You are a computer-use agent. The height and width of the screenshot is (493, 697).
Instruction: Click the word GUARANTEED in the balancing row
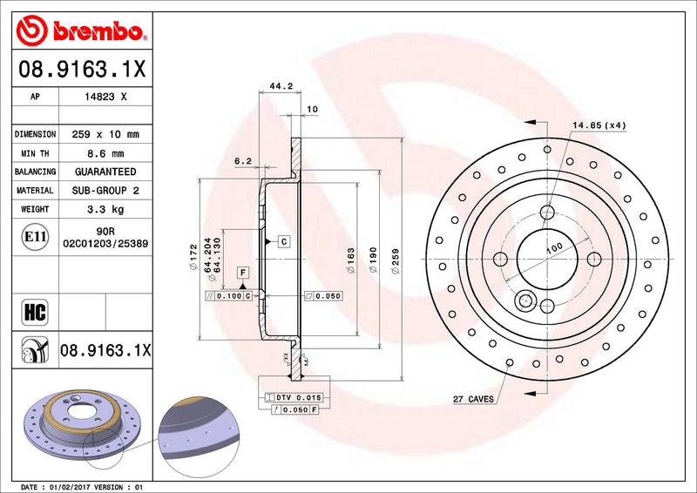tap(105, 172)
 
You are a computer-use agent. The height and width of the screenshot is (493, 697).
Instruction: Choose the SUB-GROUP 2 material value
tap(105, 190)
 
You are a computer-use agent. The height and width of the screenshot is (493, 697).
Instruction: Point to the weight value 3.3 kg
tap(105, 209)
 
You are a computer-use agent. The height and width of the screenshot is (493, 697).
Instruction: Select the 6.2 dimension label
tap(243, 161)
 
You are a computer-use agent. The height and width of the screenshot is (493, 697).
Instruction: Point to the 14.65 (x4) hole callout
tap(598, 126)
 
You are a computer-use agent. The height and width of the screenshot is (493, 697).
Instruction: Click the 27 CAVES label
tap(473, 400)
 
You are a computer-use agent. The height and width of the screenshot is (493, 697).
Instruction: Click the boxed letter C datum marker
tap(284, 240)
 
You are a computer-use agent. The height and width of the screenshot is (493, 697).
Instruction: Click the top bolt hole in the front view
tap(546, 212)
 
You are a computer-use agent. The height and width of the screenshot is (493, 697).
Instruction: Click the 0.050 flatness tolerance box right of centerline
tap(322, 296)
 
